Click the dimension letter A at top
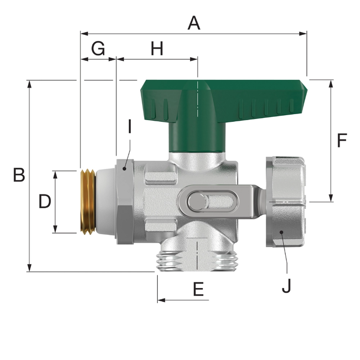coord(193,23)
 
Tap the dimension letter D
coord(45,202)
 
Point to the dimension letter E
coord(198,289)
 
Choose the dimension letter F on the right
coord(342,141)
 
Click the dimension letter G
coord(97,49)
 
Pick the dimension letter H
coord(157,49)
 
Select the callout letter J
coord(286,286)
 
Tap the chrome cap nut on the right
coord(285,202)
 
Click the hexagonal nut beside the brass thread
coord(124,202)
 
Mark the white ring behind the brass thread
coord(105,202)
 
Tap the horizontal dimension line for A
coord(249,33)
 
